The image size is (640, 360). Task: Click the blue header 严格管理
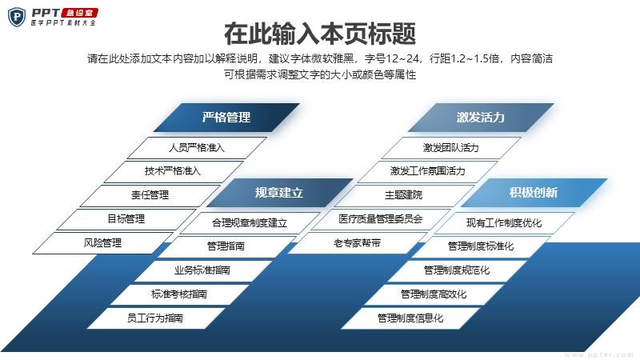(x=226, y=118)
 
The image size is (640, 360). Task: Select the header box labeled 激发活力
(x=481, y=118)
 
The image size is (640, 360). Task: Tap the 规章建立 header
(x=279, y=193)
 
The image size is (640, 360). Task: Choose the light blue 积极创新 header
(x=534, y=193)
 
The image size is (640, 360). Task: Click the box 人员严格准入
(x=197, y=148)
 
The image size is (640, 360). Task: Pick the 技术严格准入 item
(x=173, y=171)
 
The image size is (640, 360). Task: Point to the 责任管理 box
(x=150, y=195)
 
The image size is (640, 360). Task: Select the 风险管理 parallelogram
(x=102, y=243)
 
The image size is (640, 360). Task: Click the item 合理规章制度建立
(x=250, y=223)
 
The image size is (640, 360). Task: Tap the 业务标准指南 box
(x=202, y=270)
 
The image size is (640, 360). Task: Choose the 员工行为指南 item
(x=155, y=318)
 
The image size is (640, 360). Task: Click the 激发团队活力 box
(x=451, y=148)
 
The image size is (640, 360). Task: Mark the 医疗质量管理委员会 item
(x=381, y=219)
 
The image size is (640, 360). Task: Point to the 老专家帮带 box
(x=357, y=243)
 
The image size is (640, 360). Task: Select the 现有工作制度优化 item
(x=504, y=223)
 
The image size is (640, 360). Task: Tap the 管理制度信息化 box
(x=410, y=318)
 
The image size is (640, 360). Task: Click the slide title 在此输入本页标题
(x=320, y=34)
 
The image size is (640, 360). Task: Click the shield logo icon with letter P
(x=17, y=17)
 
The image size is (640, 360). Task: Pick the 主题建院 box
(x=404, y=195)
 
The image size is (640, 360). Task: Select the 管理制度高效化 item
(x=434, y=294)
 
